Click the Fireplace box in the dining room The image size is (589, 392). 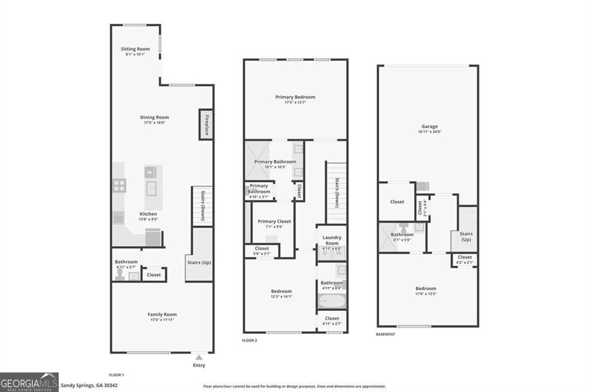click(206, 123)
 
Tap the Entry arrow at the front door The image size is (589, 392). click(199, 358)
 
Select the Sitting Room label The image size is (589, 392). click(135, 49)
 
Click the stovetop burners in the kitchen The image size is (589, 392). click(119, 185)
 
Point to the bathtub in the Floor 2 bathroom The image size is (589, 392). click(331, 301)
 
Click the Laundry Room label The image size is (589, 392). click(332, 240)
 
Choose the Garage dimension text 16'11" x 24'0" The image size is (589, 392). click(429, 132)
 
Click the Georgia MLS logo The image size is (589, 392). click(29, 382)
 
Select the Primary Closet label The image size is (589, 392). click(274, 221)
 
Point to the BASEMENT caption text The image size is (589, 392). click(385, 335)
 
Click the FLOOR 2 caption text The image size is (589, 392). click(249, 340)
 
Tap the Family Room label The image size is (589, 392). click(162, 314)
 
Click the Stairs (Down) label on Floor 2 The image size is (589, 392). click(336, 193)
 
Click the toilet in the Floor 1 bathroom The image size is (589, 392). click(120, 275)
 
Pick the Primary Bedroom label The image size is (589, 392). click(296, 97)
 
